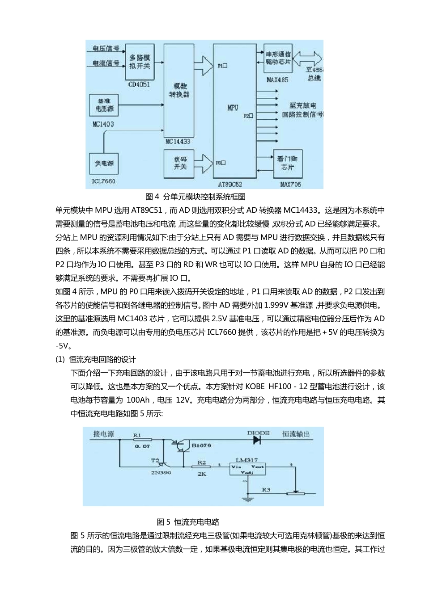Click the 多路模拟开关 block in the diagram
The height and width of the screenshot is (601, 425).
(x=140, y=62)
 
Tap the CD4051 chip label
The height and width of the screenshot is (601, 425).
(x=139, y=84)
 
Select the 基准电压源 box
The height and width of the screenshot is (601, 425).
(x=104, y=105)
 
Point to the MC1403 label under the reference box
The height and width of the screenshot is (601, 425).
(x=103, y=124)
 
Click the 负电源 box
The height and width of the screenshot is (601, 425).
(x=104, y=164)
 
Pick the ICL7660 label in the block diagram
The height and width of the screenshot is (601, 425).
(x=103, y=181)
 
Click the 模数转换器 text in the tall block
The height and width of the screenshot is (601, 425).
(x=179, y=90)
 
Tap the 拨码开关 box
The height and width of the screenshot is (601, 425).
(x=180, y=163)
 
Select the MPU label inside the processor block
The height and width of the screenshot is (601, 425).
(x=233, y=108)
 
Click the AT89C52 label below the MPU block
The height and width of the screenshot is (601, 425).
(x=230, y=184)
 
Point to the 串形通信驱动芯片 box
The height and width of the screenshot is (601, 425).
(x=278, y=58)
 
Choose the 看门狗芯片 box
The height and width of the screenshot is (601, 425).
(x=287, y=163)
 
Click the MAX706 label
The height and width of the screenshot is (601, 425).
(x=290, y=184)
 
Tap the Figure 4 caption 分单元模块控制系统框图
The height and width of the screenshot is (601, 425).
(x=195, y=197)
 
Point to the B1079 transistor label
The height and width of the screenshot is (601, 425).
(x=201, y=445)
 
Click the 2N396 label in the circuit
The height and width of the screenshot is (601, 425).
(x=161, y=472)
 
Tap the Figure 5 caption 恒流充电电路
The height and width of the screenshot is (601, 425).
(x=188, y=522)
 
